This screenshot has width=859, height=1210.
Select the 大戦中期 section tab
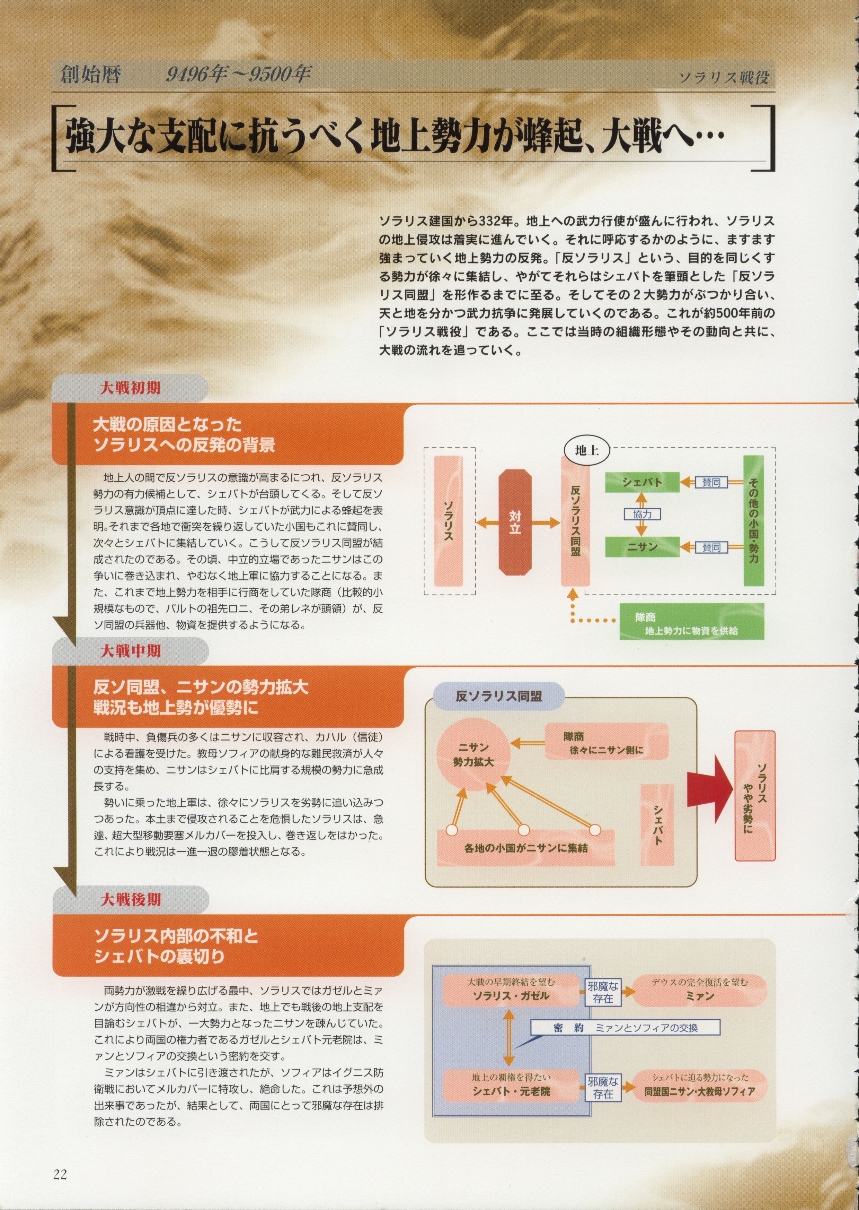[x=130, y=651]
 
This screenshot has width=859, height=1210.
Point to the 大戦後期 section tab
[x=130, y=899]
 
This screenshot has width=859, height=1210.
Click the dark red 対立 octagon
[x=515, y=523]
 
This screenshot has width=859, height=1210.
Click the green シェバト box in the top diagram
[x=642, y=482]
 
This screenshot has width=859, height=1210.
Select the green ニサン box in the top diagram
[x=642, y=547]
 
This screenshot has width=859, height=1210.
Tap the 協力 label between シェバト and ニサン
[x=642, y=514]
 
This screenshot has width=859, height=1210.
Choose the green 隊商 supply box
[x=692, y=621]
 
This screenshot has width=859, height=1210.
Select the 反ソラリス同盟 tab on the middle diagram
[x=499, y=697]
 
